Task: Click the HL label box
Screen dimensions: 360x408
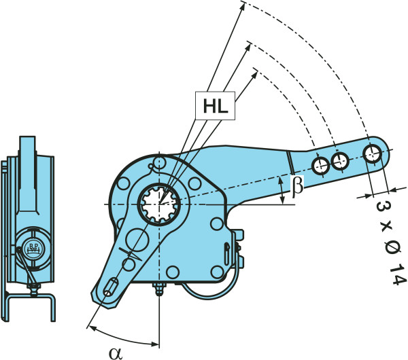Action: [x=214, y=105]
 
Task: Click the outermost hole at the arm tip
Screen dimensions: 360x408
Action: [x=373, y=153]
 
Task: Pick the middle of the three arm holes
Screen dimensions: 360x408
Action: [x=340, y=161]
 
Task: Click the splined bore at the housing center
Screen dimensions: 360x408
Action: [x=161, y=202]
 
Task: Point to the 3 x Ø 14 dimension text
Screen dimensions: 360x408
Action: [x=385, y=241]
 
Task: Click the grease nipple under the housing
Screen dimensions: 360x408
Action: [x=160, y=289]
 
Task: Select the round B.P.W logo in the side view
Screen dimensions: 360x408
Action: [x=31, y=247]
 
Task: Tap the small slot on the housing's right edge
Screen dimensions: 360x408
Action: [x=226, y=250]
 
